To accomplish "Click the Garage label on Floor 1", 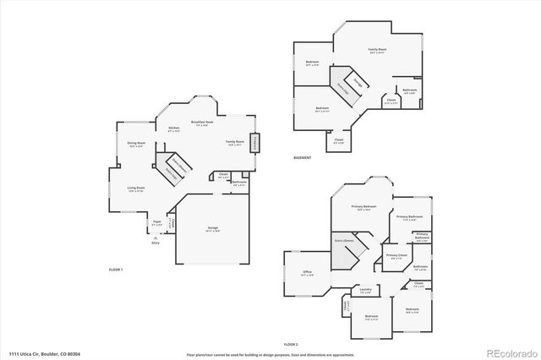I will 213,228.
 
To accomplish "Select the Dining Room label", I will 137,144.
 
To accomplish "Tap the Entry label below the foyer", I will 155,243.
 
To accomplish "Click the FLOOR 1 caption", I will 116,269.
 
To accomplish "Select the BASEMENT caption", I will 302,158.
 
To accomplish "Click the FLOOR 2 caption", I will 290,344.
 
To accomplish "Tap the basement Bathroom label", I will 410,90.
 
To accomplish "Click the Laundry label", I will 365,290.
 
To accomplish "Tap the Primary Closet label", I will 396,256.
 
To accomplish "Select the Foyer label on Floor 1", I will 156,223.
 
